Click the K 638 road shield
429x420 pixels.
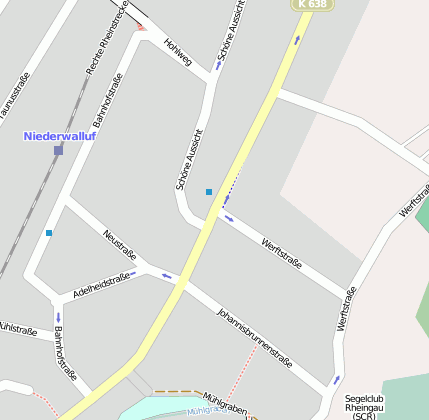click(313, 5)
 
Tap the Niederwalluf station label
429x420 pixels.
click(59, 135)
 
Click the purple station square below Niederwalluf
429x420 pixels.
click(59, 151)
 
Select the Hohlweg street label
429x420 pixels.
click(177, 47)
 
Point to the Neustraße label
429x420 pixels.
click(119, 242)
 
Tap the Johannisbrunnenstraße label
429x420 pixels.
click(254, 338)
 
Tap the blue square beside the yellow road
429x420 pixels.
click(209, 191)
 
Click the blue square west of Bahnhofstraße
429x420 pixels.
click(49, 233)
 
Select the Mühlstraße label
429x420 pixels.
click(18, 328)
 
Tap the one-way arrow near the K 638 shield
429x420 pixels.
click(296, 40)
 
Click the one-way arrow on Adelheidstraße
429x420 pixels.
click(133, 273)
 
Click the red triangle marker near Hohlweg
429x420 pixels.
click(142, 26)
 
